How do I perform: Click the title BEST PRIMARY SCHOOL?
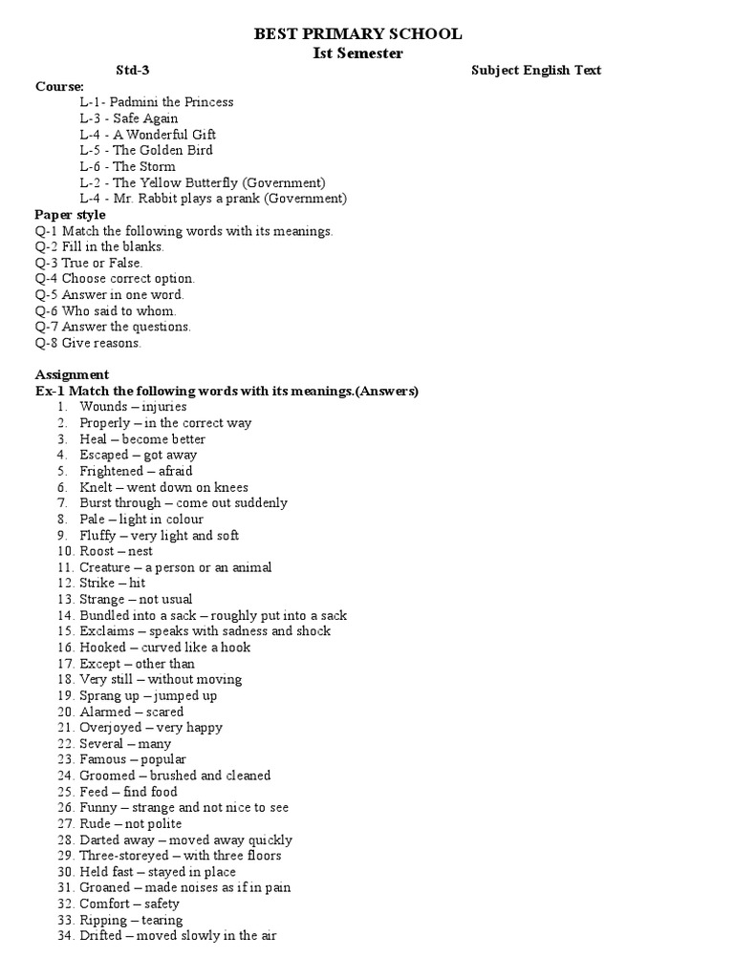coord(357,34)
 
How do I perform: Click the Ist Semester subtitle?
coord(357,53)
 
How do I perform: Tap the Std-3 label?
coord(133,71)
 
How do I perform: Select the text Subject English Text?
coord(536,71)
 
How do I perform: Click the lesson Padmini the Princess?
coord(157,102)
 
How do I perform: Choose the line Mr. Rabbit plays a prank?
coord(213,199)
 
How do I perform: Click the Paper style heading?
coord(71,215)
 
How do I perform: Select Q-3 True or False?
coord(89,263)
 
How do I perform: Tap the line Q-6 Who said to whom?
coord(106,311)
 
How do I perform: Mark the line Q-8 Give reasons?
coord(88,343)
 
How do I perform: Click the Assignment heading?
coord(73,374)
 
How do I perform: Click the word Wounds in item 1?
coord(103,407)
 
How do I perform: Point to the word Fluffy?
coord(97,536)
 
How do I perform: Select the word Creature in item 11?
coord(105,567)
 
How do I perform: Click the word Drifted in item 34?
coord(100,936)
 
